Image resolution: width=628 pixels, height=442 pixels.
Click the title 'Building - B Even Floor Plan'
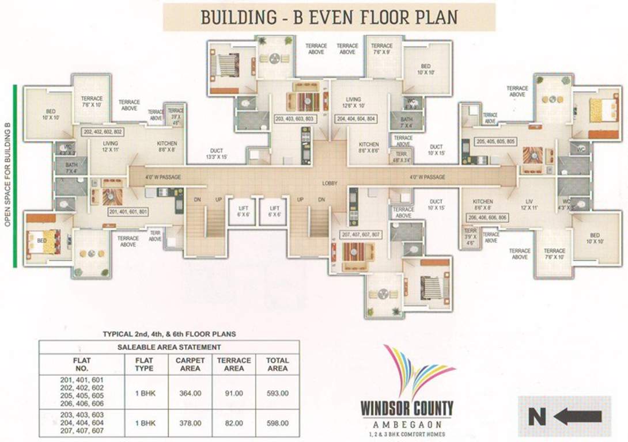click(x=329, y=17)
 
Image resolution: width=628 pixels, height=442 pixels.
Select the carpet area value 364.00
click(x=190, y=394)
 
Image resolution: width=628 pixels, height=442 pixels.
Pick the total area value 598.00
click(x=277, y=423)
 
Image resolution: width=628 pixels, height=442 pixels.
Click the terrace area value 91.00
click(x=234, y=394)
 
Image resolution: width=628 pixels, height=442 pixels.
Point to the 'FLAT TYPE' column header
click(x=145, y=364)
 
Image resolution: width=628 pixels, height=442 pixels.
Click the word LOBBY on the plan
click(x=330, y=183)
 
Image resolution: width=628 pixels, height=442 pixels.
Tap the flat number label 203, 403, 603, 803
click(x=296, y=119)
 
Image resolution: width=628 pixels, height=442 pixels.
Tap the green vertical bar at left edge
click(x=15, y=176)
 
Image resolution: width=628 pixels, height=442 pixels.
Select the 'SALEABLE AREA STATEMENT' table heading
click(x=169, y=347)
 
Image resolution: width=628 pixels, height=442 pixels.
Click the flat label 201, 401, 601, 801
click(x=128, y=212)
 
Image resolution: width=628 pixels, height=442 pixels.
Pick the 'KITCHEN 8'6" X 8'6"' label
click(x=369, y=147)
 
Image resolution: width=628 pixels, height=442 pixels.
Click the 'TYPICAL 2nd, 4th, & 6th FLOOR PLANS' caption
click(x=169, y=334)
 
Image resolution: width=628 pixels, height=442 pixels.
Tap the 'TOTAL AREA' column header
click(x=277, y=364)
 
